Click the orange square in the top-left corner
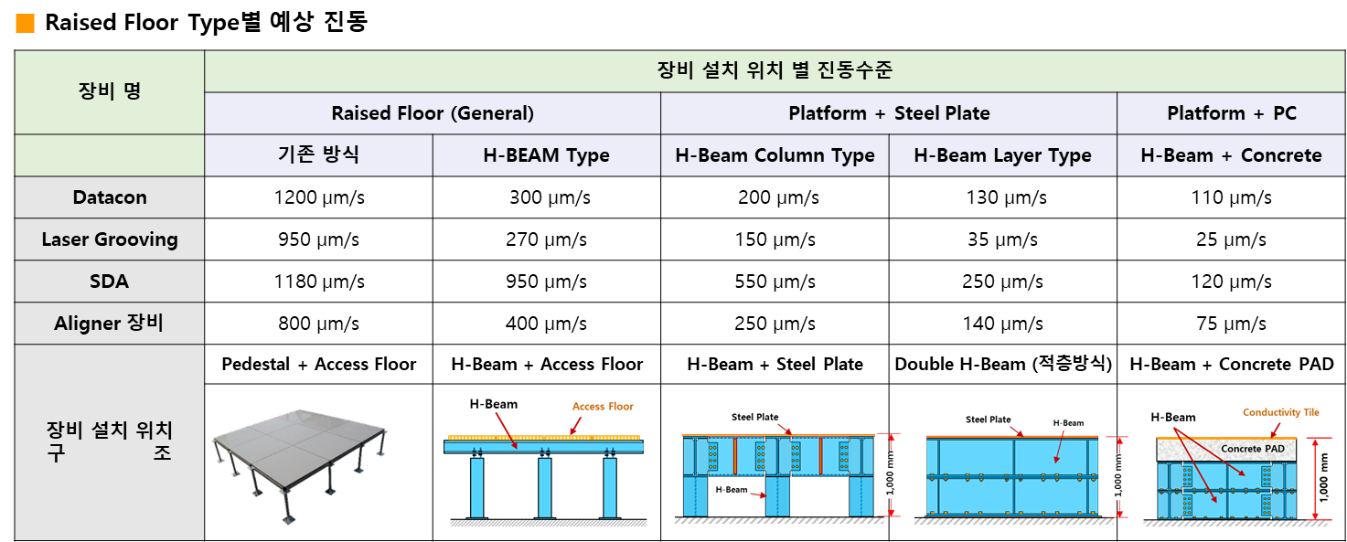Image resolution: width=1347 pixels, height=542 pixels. (25, 24)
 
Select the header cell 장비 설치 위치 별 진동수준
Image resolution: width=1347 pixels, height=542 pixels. (775, 70)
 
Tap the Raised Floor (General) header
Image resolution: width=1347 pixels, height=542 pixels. (433, 113)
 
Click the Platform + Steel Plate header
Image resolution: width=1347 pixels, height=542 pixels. (889, 113)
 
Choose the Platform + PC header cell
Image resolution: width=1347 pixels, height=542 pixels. (1231, 113)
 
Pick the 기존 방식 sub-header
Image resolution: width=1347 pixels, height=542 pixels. (318, 154)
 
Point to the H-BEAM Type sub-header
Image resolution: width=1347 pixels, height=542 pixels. (546, 155)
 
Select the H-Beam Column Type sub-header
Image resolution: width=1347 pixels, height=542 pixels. (775, 155)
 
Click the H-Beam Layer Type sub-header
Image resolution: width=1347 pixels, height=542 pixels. (1002, 155)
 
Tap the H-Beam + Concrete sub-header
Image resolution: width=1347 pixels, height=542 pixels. (1231, 155)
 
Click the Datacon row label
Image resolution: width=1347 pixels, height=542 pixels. (110, 197)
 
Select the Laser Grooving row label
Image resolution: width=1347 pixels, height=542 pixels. (110, 239)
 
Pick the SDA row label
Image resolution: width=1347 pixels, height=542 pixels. (110, 282)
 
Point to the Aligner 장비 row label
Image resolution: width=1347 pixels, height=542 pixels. (110, 324)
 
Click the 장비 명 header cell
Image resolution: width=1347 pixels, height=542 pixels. (110, 91)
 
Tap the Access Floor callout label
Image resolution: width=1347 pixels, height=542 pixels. (603, 407)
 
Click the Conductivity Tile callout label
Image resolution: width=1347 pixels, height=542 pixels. (1280, 413)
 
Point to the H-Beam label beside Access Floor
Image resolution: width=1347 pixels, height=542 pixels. (493, 404)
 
